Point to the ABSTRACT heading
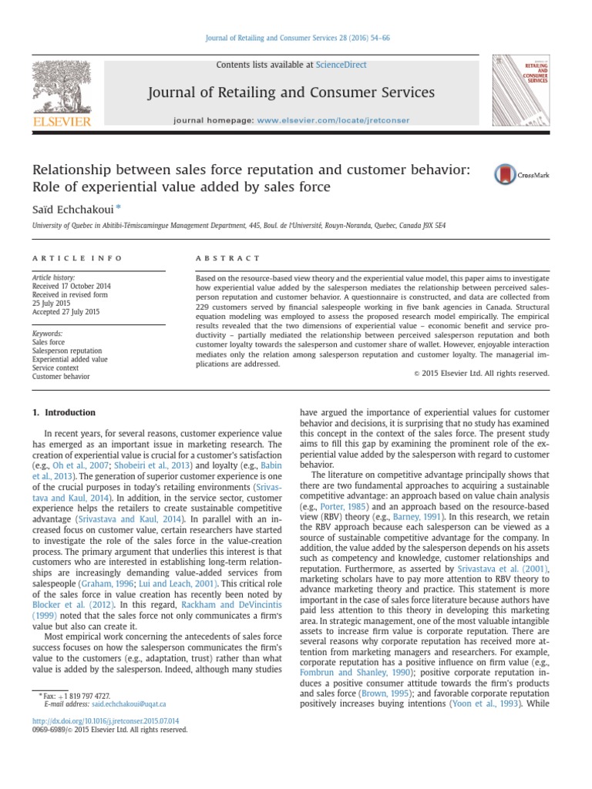(x=229, y=257)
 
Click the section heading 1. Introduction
(x=65, y=412)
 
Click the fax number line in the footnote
(x=77, y=695)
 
